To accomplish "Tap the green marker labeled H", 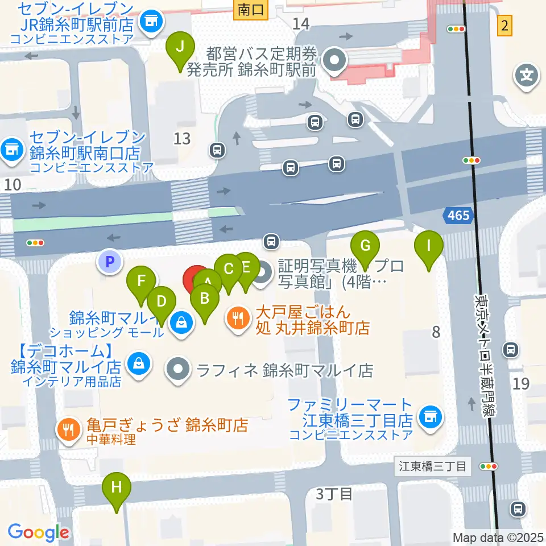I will (117, 489).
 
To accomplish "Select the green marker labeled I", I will (429, 247).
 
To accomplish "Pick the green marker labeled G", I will (365, 247).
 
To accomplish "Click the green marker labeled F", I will (142, 282).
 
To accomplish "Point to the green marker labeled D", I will (162, 301).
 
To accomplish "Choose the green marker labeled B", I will (205, 298).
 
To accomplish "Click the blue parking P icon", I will (110, 262).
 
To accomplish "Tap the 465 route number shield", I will (458, 216).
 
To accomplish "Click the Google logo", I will (38, 532).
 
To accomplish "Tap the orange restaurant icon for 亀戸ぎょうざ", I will (69, 429).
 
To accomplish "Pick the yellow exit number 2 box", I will (504, 26).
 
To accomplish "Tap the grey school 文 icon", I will (527, 76).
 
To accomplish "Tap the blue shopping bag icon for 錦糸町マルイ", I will (180, 322).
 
